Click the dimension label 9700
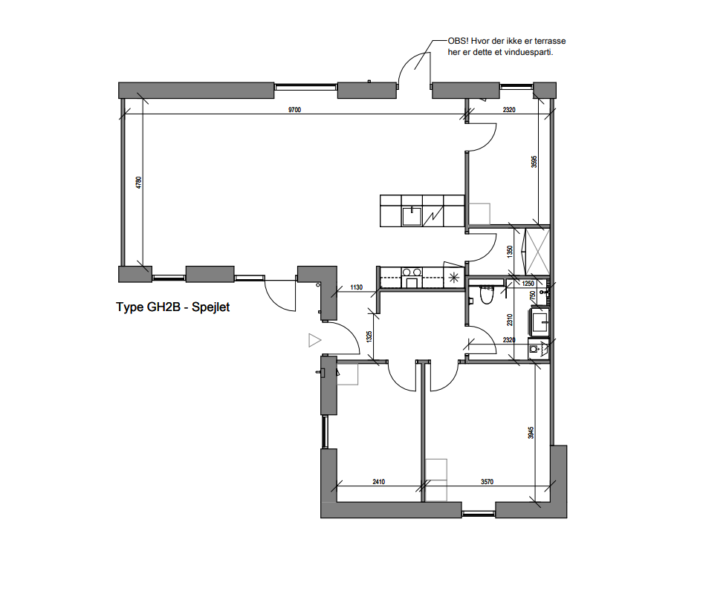[294, 110]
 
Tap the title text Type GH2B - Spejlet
[172, 307]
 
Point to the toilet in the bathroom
[488, 295]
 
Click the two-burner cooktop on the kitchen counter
[411, 272]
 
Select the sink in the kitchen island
[411, 216]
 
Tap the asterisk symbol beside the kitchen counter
[454, 278]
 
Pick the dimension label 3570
[487, 481]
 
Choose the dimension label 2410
[378, 481]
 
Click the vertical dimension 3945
[531, 432]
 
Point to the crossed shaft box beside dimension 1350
[537, 251]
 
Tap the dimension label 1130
[356, 287]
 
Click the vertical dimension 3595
[534, 163]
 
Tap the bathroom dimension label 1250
[528, 284]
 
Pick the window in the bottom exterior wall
[479, 512]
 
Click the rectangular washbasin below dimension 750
[538, 321]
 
